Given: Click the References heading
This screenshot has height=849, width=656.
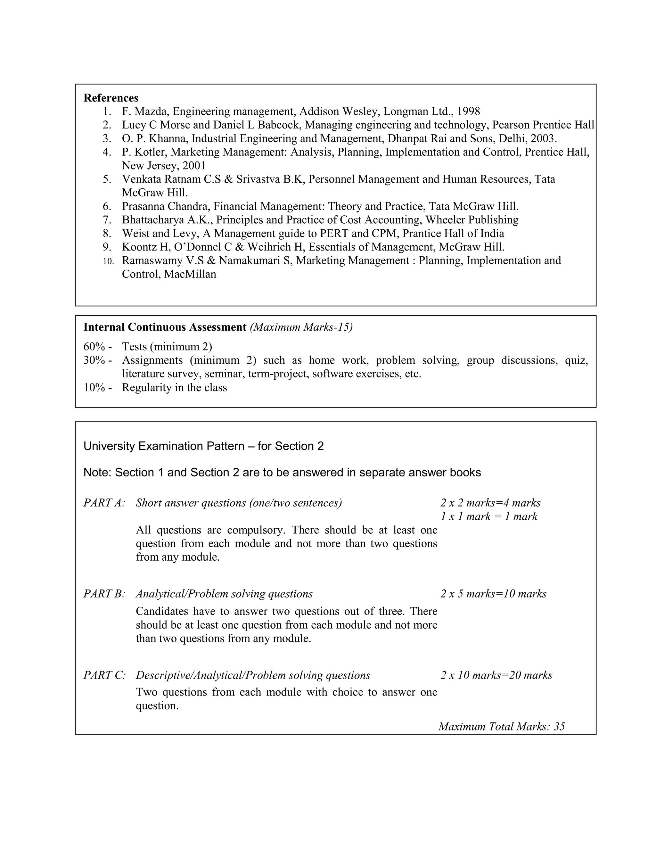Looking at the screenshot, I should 111,98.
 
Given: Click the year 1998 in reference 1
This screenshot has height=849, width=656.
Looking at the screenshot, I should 468,111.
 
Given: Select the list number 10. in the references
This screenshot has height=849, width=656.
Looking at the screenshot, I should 109,261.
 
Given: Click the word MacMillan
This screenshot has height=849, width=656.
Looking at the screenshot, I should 190,275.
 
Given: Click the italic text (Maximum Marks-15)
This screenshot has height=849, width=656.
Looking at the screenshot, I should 301,327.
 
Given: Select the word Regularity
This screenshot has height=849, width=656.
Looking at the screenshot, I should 144,388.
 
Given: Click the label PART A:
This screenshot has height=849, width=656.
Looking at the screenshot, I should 104,503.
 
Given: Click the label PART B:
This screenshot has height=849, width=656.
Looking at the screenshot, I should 104,594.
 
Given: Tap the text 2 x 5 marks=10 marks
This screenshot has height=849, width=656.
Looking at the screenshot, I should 493,594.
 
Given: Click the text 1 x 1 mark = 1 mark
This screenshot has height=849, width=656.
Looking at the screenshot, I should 488,517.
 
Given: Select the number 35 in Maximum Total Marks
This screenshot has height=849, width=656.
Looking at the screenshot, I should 559,727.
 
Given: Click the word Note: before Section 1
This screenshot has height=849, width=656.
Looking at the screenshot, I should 98,473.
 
